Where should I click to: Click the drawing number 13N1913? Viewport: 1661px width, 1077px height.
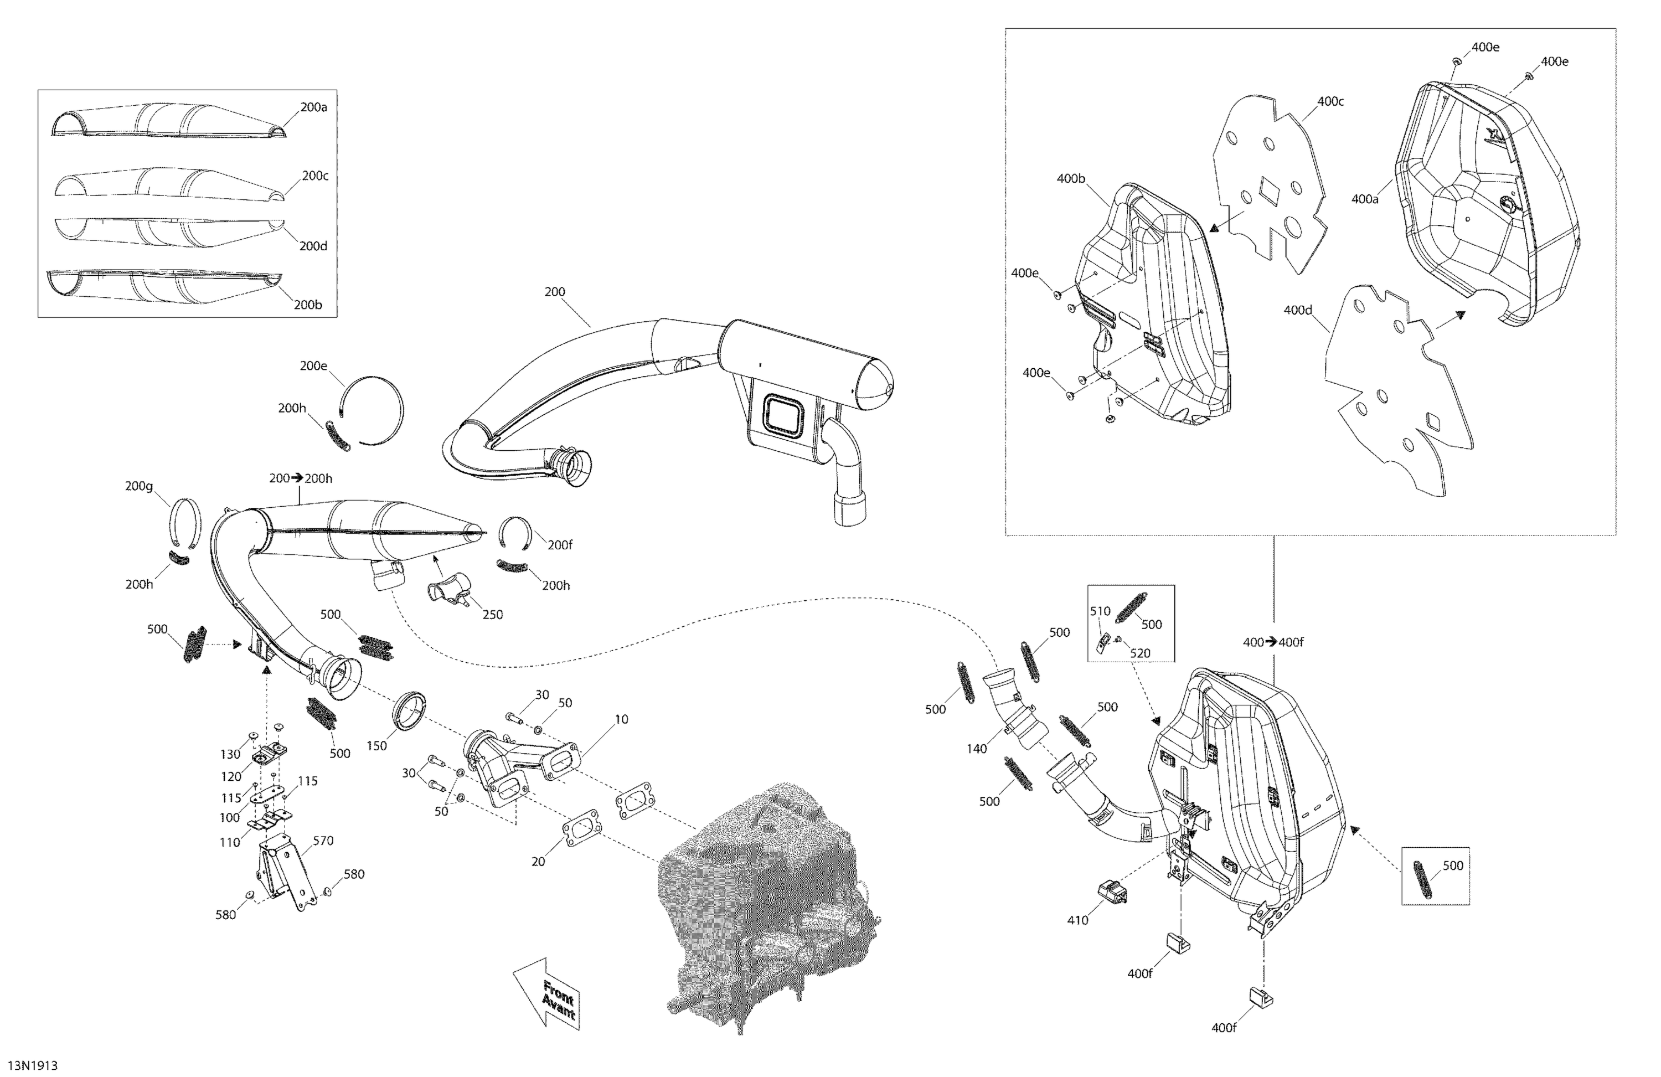(x=33, y=1065)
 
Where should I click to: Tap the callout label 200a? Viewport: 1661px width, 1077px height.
(x=313, y=107)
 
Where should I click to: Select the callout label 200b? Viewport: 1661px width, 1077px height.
(x=308, y=305)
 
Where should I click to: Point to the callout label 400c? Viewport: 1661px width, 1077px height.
(x=1330, y=101)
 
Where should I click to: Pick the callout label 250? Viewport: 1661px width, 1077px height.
(x=492, y=614)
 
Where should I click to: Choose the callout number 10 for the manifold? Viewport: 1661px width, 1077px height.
(x=621, y=719)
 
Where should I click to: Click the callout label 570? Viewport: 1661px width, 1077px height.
(x=323, y=841)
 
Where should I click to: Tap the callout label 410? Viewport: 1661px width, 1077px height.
(x=1077, y=920)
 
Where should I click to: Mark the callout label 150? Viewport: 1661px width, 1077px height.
(x=376, y=745)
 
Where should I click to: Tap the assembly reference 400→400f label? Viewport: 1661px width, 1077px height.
(x=1273, y=642)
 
